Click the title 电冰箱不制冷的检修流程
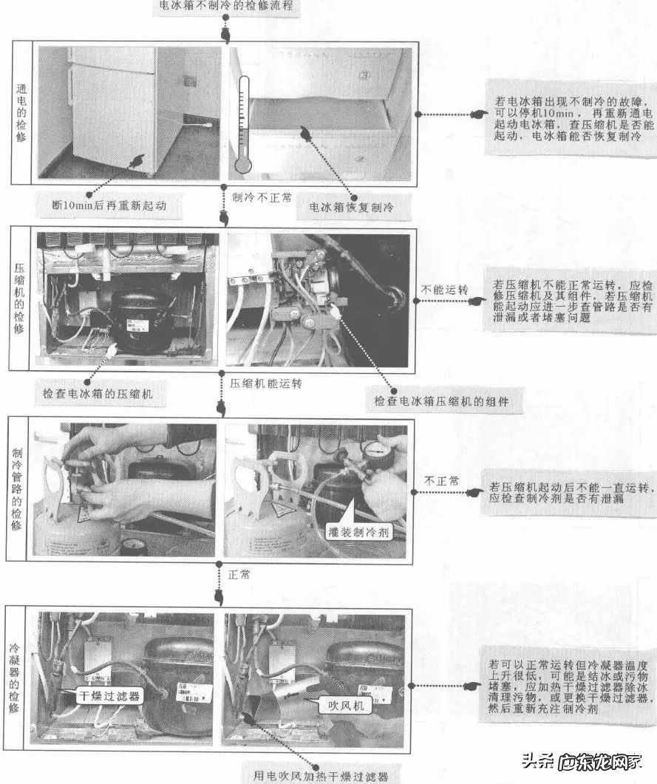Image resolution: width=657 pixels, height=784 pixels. click(226, 7)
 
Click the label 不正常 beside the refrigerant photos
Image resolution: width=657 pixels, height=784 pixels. click(441, 481)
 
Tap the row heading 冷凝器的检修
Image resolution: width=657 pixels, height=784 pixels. click(14, 677)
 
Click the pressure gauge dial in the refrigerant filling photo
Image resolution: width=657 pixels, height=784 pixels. click(377, 451)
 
